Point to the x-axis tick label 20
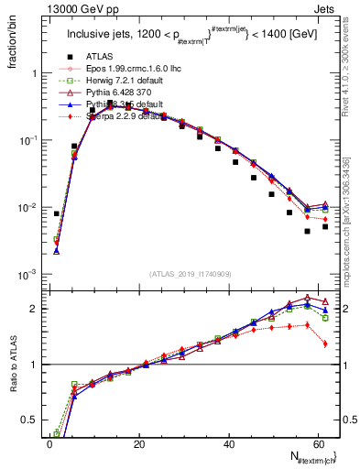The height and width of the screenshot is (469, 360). pos(139,444)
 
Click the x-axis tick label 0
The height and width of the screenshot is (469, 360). pos(49,444)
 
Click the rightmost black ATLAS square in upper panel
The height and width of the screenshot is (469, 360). pos(325,226)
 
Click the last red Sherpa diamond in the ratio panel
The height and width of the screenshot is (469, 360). pos(325,344)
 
